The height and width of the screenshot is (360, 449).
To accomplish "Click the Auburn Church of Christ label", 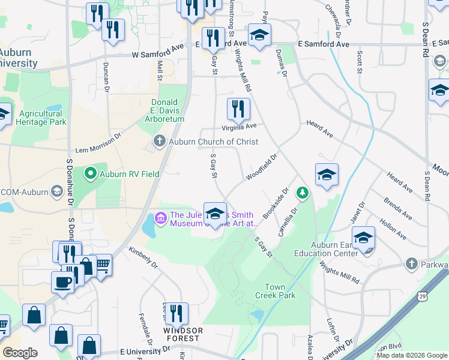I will [x=213, y=142].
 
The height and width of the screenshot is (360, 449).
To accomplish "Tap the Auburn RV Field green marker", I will [x=91, y=174].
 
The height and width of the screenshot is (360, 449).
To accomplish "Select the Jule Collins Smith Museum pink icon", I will [x=160, y=216].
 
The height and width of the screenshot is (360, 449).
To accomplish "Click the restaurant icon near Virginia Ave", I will [x=238, y=109].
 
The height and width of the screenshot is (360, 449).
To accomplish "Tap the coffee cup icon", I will [x=63, y=281].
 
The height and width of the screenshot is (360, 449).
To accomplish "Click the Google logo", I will [x=20, y=353].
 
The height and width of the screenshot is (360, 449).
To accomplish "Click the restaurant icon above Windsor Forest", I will [x=176, y=313].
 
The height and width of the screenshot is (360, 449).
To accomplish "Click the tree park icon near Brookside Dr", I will [x=303, y=193].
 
